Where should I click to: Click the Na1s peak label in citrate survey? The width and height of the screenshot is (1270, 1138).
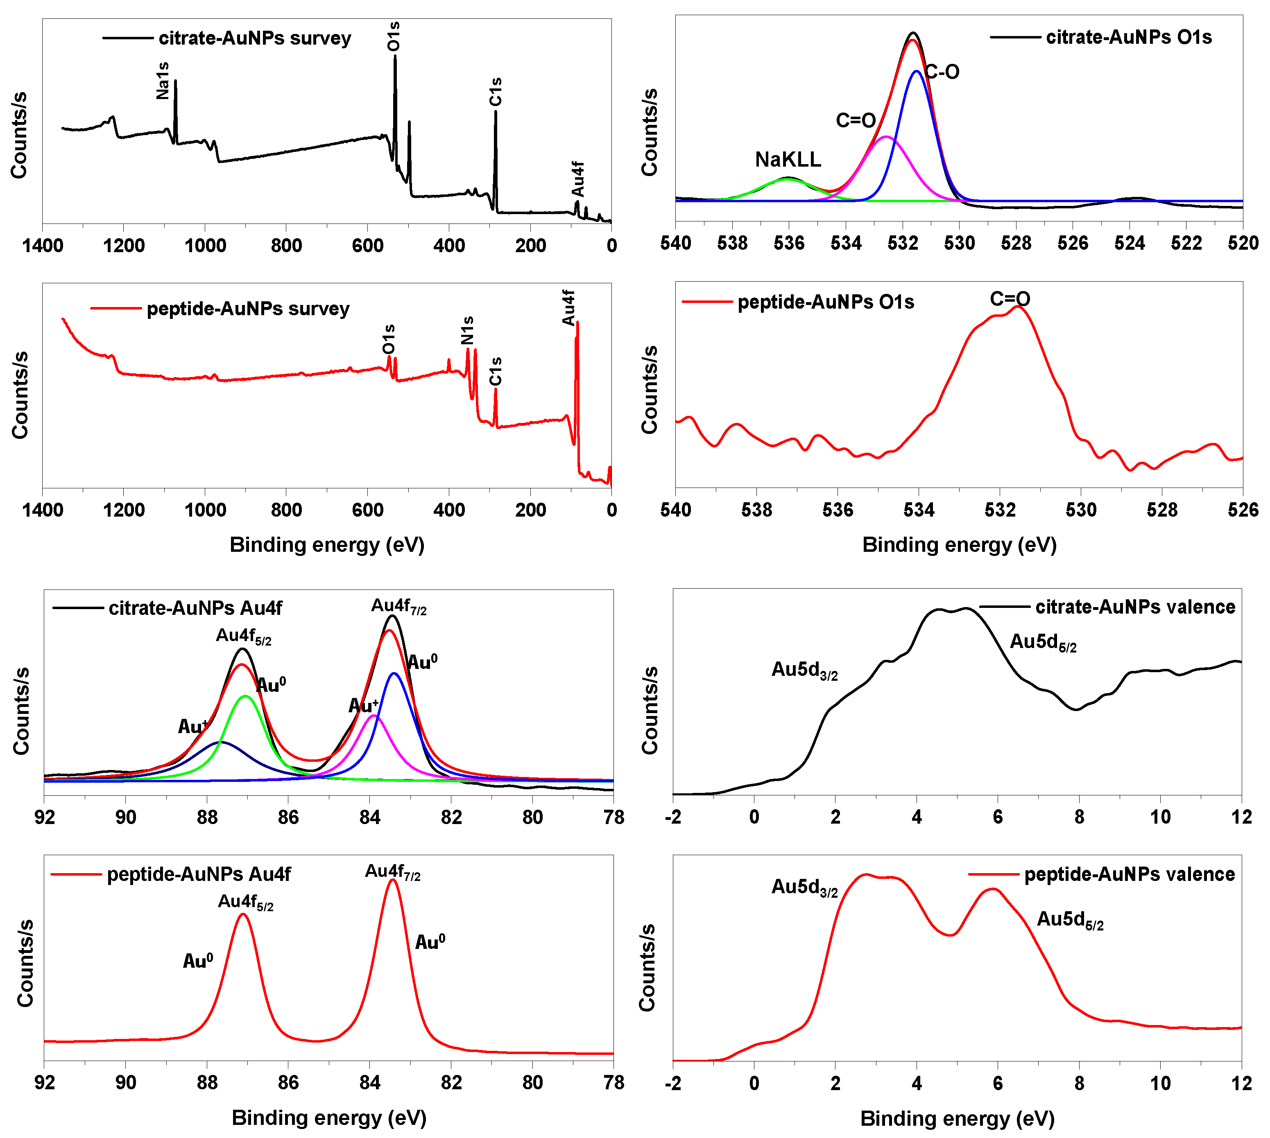click(163, 81)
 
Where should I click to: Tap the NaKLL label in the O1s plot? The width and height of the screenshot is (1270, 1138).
click(788, 160)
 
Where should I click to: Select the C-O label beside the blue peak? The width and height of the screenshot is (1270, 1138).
click(942, 72)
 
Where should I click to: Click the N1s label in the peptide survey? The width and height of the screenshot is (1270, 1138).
click(467, 330)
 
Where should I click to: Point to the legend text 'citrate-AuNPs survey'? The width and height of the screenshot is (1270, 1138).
click(255, 38)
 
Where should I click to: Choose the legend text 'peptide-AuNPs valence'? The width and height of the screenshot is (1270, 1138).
click(1129, 874)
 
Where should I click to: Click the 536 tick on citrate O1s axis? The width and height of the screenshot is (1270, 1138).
click(789, 243)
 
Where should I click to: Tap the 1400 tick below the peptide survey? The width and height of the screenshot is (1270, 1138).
click(43, 510)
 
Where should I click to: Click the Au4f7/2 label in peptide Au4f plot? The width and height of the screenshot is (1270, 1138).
click(392, 872)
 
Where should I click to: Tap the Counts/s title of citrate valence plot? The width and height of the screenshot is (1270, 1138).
click(650, 710)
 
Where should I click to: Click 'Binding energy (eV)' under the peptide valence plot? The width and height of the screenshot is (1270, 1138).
click(957, 1119)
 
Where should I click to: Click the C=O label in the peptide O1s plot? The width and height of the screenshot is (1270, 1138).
click(1010, 299)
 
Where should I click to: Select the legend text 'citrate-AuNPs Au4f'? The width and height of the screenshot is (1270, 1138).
click(195, 608)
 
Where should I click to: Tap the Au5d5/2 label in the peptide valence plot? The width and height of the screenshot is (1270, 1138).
click(1070, 920)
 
